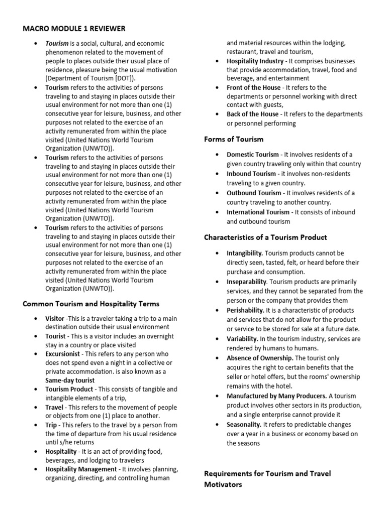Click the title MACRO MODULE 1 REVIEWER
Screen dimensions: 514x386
[x=74, y=29]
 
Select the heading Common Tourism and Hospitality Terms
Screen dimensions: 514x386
[x=91, y=304]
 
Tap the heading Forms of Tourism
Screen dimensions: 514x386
[x=233, y=139]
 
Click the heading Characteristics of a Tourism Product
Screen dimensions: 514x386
[x=265, y=237]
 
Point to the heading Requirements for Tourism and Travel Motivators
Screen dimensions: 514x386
[x=267, y=479]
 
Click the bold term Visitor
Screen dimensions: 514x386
[x=55, y=319]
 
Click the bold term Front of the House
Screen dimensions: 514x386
[x=253, y=87]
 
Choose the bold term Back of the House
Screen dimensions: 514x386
[x=252, y=114]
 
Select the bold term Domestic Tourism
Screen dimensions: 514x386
[x=252, y=155]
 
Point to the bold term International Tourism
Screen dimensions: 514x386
[x=258, y=212]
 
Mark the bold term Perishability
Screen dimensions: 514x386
[x=245, y=310]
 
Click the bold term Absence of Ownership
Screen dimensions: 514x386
[x=260, y=358]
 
